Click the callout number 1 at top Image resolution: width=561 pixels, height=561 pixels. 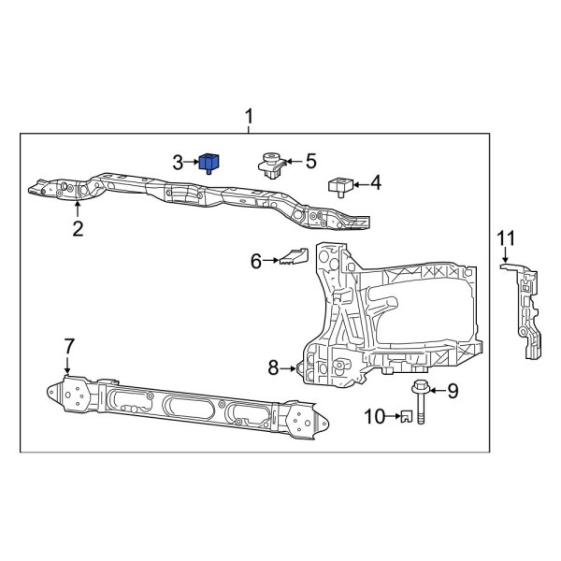tap(249, 117)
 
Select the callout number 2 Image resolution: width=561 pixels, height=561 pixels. tap(78, 228)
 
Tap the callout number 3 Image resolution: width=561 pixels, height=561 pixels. tap(178, 163)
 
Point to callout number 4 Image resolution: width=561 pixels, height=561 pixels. tap(376, 183)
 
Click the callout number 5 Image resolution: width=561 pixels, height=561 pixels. tap(311, 162)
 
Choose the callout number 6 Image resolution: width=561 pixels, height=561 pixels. tap(256, 261)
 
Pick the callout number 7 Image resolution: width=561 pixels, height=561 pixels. tap(68, 347)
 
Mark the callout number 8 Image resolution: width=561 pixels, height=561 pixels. tap(274, 368)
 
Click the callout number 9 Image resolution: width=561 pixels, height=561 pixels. tap(453, 391)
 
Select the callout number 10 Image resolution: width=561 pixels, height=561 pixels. tap(373, 416)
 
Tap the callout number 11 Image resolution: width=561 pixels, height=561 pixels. tap(506, 237)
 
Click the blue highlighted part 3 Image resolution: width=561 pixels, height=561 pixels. tap(209, 163)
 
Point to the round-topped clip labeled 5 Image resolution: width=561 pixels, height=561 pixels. tap(272, 165)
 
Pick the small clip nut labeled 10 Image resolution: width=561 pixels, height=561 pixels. tap(407, 417)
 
